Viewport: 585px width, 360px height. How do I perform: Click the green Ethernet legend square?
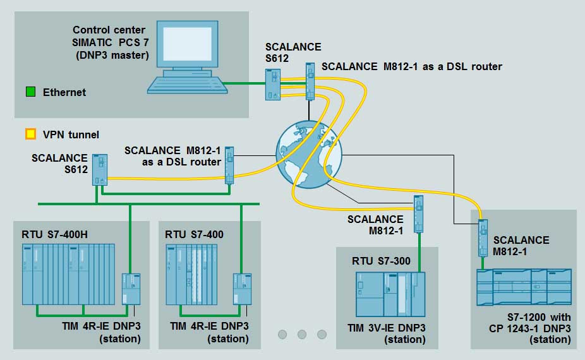(x=30, y=92)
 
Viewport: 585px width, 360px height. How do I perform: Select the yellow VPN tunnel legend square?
(x=30, y=135)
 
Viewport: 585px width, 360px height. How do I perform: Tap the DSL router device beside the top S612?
(x=310, y=81)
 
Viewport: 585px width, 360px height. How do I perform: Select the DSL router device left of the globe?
(x=230, y=165)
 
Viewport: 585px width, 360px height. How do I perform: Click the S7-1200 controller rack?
(x=524, y=287)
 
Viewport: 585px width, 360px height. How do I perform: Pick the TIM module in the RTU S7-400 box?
(x=242, y=290)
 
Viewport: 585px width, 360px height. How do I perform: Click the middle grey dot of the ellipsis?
(x=301, y=334)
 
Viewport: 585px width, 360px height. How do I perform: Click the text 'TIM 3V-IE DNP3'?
(x=387, y=327)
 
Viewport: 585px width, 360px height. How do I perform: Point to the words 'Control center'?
(x=109, y=30)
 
